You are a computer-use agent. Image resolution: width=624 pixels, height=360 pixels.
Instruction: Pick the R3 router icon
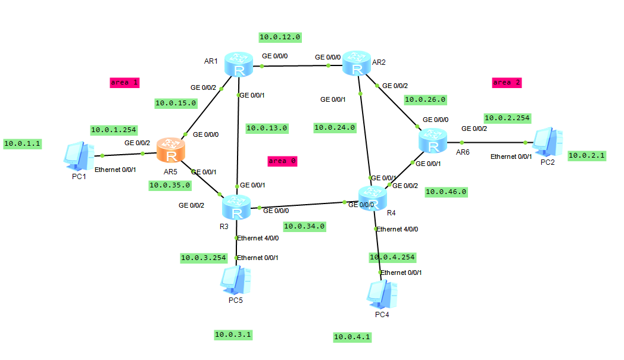click(236, 208)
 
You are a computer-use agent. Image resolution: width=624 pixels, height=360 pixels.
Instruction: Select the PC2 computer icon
click(547, 141)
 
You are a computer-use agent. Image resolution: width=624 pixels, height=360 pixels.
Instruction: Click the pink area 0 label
click(282, 161)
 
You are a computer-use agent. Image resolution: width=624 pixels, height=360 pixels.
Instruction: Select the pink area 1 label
click(124, 83)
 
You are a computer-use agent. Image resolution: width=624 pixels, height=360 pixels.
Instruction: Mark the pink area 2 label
click(507, 82)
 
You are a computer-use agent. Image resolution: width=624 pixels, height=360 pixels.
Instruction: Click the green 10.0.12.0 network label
click(280, 37)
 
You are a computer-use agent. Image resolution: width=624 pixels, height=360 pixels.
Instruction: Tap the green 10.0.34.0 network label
click(304, 226)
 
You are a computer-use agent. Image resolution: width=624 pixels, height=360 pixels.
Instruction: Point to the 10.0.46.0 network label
click(446, 192)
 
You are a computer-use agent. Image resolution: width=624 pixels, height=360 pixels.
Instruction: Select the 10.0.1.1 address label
click(23, 143)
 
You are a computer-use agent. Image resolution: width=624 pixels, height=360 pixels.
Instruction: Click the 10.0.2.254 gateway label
click(507, 118)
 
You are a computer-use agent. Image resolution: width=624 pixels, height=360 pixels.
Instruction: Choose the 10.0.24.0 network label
click(335, 127)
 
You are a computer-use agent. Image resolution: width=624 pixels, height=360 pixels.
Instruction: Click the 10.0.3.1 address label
click(233, 335)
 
